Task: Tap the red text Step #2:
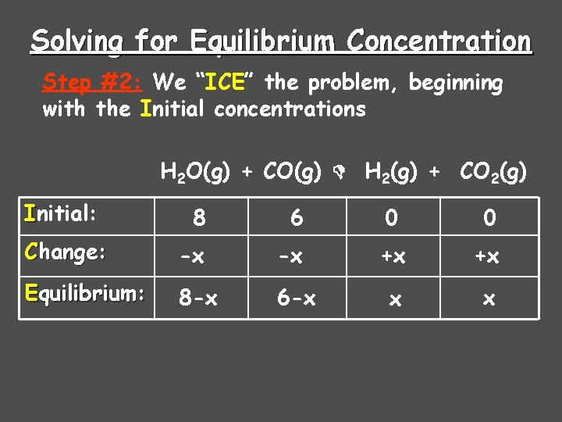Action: click(x=95, y=82)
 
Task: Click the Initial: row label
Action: click(x=61, y=213)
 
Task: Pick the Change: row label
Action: click(x=66, y=252)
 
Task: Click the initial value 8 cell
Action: click(x=199, y=217)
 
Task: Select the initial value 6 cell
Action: click(x=297, y=217)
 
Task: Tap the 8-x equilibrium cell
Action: click(x=199, y=298)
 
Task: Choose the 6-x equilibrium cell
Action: click(x=297, y=298)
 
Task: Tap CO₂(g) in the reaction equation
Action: click(x=493, y=171)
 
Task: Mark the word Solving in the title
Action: click(x=76, y=41)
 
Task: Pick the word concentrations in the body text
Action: click(x=290, y=109)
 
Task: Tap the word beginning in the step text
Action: click(x=457, y=82)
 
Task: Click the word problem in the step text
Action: click(x=357, y=82)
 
